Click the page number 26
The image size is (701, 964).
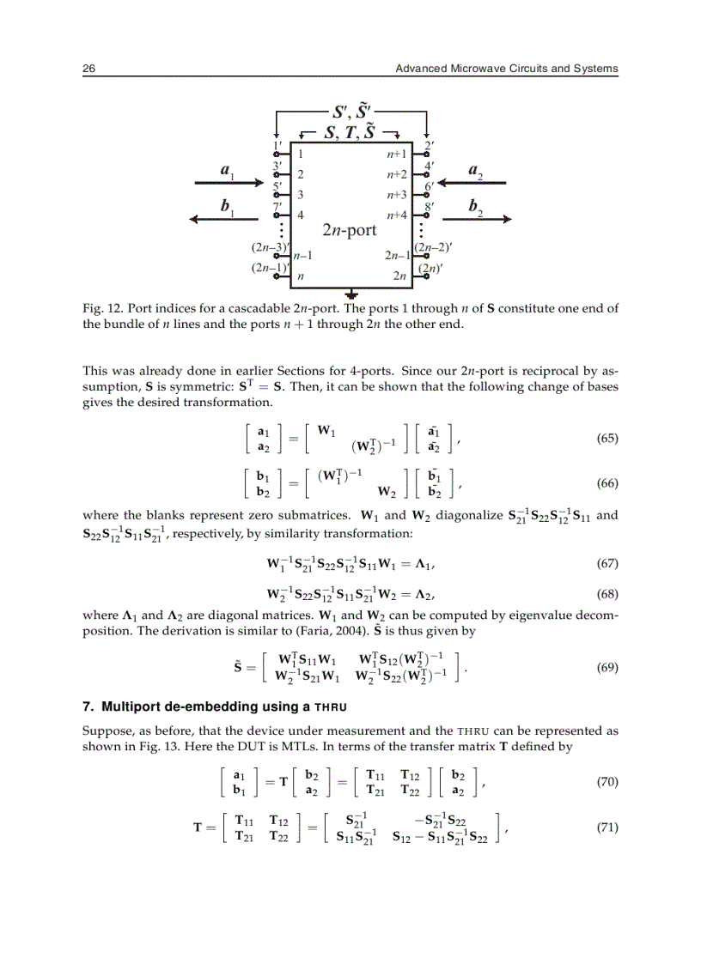(x=88, y=69)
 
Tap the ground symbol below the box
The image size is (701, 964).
(x=351, y=294)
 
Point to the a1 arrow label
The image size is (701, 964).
(x=228, y=172)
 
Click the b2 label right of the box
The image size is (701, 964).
(x=474, y=207)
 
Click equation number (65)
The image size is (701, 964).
(x=607, y=439)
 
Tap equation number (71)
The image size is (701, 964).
(x=607, y=828)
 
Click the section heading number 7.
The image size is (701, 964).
(x=87, y=707)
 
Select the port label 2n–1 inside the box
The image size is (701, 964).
(x=395, y=255)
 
